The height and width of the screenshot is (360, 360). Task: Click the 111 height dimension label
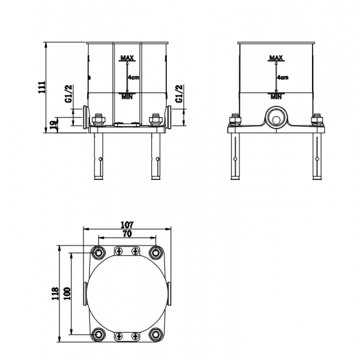coord(42,87)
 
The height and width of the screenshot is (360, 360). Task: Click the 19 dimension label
coord(53,125)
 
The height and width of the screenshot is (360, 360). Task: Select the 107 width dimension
coord(127,224)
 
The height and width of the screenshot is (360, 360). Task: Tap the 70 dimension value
coord(127,233)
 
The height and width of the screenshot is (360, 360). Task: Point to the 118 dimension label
coord(55,293)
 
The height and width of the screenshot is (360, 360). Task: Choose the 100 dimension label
coord(67,293)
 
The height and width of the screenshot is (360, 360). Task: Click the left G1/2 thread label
coord(69,94)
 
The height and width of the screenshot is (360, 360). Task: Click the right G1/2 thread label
coord(179,94)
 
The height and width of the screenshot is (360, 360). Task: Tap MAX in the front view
coord(127,58)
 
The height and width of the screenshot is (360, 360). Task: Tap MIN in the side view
coord(276,97)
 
